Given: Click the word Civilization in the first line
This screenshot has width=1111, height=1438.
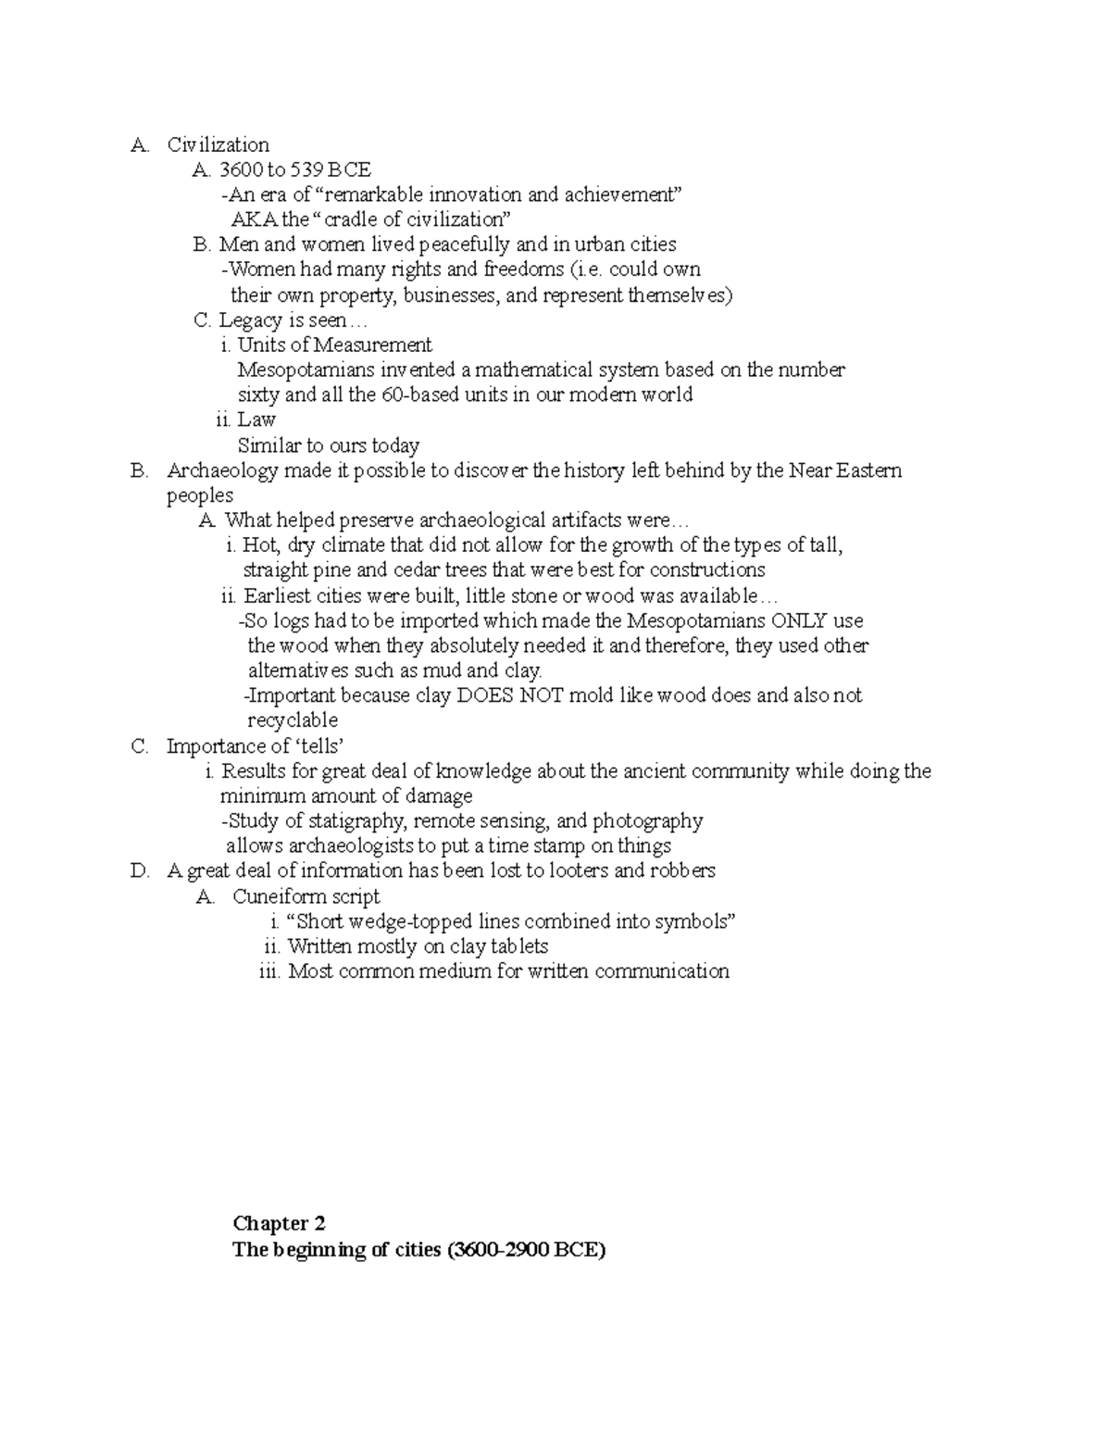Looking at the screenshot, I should click(218, 144).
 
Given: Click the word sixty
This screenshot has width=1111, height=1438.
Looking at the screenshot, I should click(257, 395).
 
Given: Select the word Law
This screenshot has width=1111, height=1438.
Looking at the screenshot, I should click(256, 420).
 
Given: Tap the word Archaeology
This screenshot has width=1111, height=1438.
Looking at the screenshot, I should click(222, 470).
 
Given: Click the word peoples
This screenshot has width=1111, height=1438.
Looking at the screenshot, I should click(200, 495).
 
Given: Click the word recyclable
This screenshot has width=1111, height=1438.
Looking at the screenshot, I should click(293, 720).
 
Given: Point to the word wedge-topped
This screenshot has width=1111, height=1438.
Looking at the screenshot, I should click(416, 921).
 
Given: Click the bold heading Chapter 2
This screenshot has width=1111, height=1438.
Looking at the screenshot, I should click(280, 1224).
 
